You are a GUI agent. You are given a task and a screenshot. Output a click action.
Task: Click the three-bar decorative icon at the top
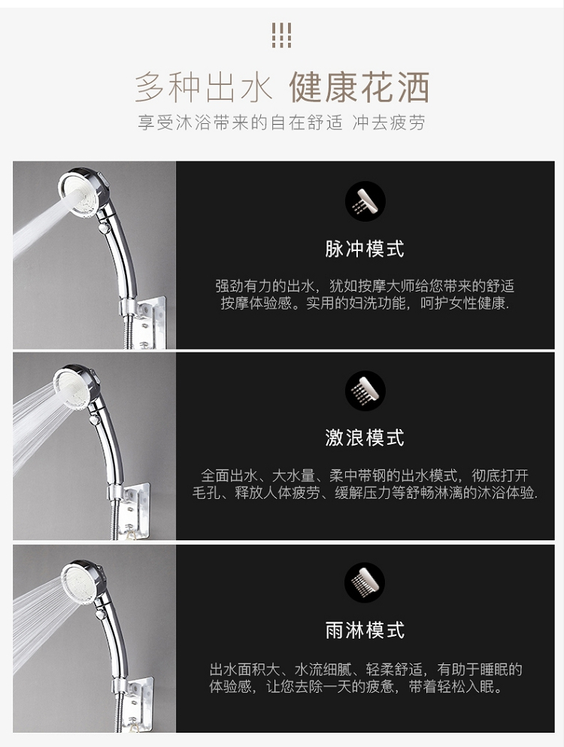281,35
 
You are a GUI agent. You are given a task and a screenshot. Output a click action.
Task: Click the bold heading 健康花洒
359,87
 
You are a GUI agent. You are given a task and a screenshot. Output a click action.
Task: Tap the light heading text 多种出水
204,87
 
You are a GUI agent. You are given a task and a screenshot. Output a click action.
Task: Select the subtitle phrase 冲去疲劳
389,123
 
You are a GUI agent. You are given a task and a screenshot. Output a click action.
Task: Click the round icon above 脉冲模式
365,201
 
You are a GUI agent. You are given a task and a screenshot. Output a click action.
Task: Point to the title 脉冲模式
365,249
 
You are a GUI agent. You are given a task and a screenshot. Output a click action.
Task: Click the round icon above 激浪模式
365,391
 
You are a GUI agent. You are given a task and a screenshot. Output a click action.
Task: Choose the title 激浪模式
365,438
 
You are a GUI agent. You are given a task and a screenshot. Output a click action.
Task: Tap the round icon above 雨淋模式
365,582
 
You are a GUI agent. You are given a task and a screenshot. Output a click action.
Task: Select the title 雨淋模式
365,631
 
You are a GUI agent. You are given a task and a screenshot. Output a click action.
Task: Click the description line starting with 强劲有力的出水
365,286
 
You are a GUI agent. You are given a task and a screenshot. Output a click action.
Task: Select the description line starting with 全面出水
365,476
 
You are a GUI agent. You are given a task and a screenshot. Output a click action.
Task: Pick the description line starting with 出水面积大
365,670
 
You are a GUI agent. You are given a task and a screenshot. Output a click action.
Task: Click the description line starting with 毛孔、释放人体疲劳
365,492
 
